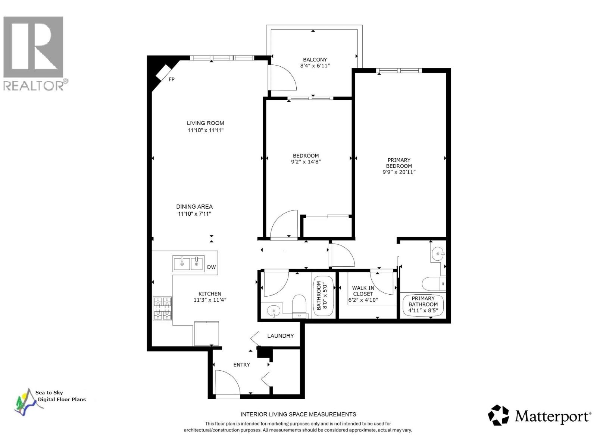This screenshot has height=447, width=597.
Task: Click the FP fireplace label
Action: coord(172,79)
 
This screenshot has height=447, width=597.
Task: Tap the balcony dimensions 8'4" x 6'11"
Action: coord(315,66)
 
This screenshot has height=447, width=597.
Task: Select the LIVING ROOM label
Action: coord(206,123)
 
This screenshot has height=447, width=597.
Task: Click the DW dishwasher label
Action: coord(212,267)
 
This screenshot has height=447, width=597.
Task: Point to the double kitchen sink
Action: coord(188,263)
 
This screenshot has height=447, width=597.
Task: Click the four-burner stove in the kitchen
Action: coord(163,308)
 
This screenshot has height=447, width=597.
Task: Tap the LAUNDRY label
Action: coord(281,336)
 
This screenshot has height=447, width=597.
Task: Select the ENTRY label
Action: coord(241,365)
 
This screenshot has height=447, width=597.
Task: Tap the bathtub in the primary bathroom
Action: coord(423,305)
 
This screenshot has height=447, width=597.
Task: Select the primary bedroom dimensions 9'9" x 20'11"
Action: coord(399,172)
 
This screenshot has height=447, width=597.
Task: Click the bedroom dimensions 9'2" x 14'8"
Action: coord(306,162)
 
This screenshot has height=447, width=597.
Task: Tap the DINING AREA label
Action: coord(194,207)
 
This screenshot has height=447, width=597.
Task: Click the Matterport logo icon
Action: coord(498,415)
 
